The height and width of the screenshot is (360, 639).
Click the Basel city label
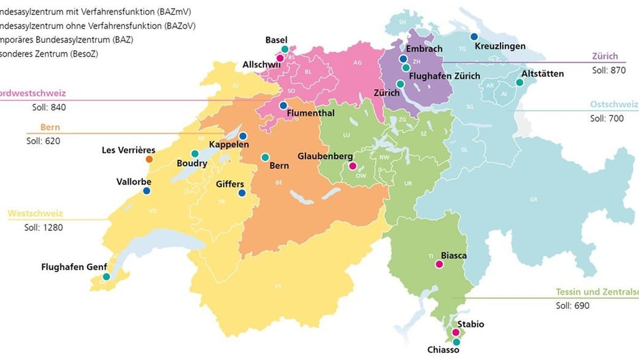(x=277, y=40)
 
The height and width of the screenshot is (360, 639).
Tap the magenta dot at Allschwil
(x=280, y=58)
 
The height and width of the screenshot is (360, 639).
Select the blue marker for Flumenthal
(x=283, y=106)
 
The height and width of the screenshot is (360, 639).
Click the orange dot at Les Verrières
(x=149, y=159)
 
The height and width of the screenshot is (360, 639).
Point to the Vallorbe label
(x=134, y=182)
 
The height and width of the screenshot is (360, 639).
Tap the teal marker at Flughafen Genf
(x=106, y=277)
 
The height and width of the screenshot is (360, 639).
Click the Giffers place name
(x=230, y=184)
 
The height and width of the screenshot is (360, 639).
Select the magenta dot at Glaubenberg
(x=351, y=166)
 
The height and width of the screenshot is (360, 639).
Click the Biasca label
(x=454, y=256)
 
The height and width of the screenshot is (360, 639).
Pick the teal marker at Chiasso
(x=456, y=342)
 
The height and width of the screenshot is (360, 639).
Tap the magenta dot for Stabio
(x=456, y=333)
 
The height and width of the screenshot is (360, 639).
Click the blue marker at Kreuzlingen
(x=474, y=36)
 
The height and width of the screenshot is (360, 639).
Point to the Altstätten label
(x=543, y=74)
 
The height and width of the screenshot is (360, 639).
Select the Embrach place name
(x=424, y=49)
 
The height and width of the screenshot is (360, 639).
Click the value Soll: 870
(x=609, y=70)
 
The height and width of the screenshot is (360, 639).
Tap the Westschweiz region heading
(x=35, y=214)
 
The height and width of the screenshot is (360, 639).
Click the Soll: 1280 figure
(x=45, y=227)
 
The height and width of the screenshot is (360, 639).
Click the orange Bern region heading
(x=50, y=127)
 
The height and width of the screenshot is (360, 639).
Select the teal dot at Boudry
(x=195, y=153)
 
